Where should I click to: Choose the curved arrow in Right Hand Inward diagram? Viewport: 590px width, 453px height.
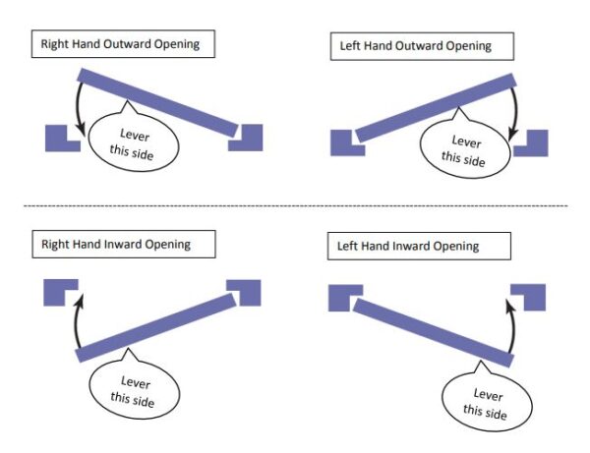74,314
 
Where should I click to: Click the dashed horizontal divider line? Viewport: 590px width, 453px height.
295,205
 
